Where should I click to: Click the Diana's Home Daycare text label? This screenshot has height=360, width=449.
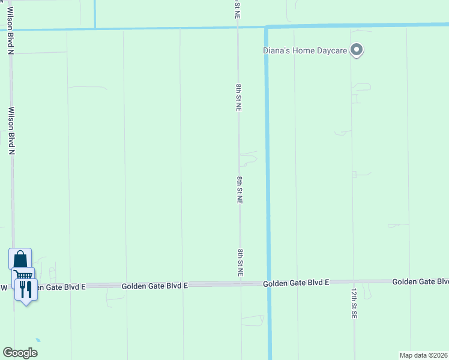click(x=305, y=50)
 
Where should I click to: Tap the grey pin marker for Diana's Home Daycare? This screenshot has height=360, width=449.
click(x=357, y=50)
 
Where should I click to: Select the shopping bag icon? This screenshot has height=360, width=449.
click(x=20, y=259)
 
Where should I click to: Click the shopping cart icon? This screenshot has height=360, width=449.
click(x=23, y=277)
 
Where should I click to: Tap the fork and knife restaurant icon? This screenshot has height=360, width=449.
click(x=26, y=290)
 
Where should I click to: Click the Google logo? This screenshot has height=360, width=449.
click(x=20, y=353)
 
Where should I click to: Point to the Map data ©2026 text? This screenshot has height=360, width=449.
click(x=424, y=355)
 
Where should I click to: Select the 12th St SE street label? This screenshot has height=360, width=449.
click(x=354, y=303)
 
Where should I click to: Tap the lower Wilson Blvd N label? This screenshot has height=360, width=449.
click(x=11, y=131)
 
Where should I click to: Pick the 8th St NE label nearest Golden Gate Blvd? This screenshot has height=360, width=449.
click(x=240, y=263)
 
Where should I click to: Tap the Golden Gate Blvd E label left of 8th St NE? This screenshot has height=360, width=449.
click(x=155, y=286)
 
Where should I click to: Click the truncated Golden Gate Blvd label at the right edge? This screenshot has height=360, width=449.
click(x=420, y=281)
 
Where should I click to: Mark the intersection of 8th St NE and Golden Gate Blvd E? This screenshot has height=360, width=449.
click(x=241, y=284)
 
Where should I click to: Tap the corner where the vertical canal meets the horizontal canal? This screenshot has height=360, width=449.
click(x=267, y=27)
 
